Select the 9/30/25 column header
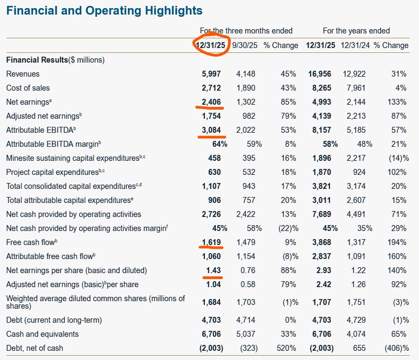pyautogui.click(x=245, y=45)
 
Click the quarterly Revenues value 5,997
pyautogui.click(x=211, y=74)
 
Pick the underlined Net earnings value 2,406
pyautogui.click(x=211, y=102)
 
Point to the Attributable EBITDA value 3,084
pyautogui.click(x=211, y=130)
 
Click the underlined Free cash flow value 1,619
pyautogui.click(x=211, y=242)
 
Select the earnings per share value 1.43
pyautogui.click(x=214, y=270)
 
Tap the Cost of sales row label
pyautogui.click(x=28, y=88)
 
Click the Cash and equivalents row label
pyautogui.click(x=42, y=334)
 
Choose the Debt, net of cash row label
pyautogui.click(x=34, y=348)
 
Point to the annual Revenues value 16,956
pyautogui.click(x=320, y=74)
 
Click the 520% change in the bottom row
pyautogui.click(x=286, y=348)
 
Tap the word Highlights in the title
pyautogui.click(x=167, y=10)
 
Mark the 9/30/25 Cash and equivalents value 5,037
pyautogui.click(x=245, y=334)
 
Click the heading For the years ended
pyautogui.click(x=356, y=31)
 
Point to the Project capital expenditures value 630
pyautogui.click(x=215, y=172)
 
